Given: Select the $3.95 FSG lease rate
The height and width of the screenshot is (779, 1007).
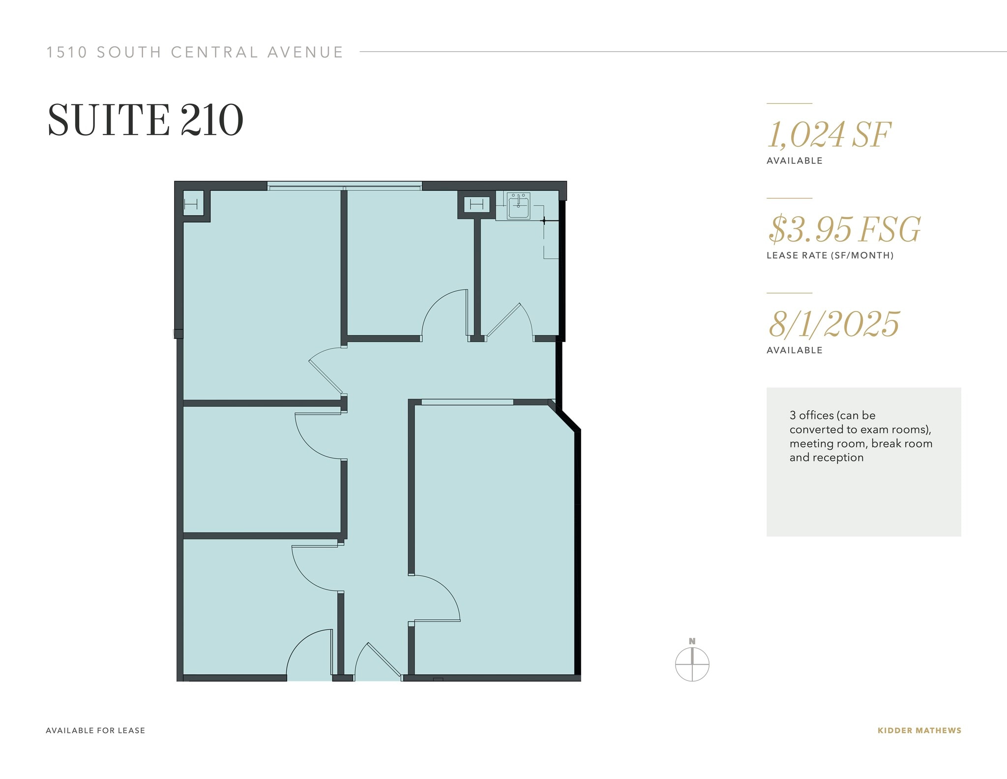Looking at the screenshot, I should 844,229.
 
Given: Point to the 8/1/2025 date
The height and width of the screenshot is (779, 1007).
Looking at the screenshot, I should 833,324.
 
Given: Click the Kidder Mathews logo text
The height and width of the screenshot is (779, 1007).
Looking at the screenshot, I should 919,731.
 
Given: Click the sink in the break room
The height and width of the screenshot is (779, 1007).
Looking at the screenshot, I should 518,206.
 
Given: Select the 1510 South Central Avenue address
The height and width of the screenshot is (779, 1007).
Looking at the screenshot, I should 195,52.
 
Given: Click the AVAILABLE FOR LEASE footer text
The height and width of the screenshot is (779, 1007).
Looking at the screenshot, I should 95,731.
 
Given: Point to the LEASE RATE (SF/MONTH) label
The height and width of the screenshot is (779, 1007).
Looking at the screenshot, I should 829,255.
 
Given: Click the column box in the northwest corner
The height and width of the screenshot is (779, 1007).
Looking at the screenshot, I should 191,203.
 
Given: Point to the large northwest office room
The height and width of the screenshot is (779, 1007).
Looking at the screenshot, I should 261,295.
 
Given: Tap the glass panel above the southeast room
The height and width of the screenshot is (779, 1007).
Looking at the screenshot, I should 467,402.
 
